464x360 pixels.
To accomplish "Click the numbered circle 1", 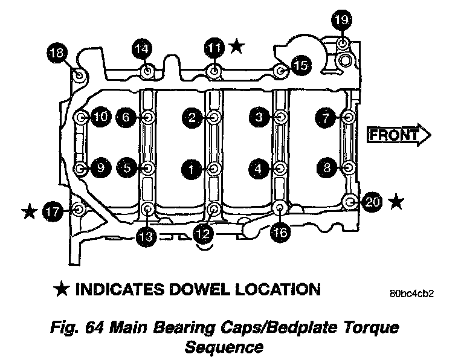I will point(192,169).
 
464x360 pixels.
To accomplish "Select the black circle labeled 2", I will point(192,117).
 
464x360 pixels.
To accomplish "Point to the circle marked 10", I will point(101,117).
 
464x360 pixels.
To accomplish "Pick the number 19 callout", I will point(341,21).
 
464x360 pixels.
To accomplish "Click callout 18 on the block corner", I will point(58,54).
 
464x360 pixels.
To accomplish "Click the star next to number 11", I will point(237,46).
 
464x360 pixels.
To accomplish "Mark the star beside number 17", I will point(28,211).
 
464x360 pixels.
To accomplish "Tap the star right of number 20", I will point(396,202).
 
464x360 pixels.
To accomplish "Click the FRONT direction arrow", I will point(399,135).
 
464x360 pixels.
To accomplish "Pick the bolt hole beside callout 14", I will point(147,72).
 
